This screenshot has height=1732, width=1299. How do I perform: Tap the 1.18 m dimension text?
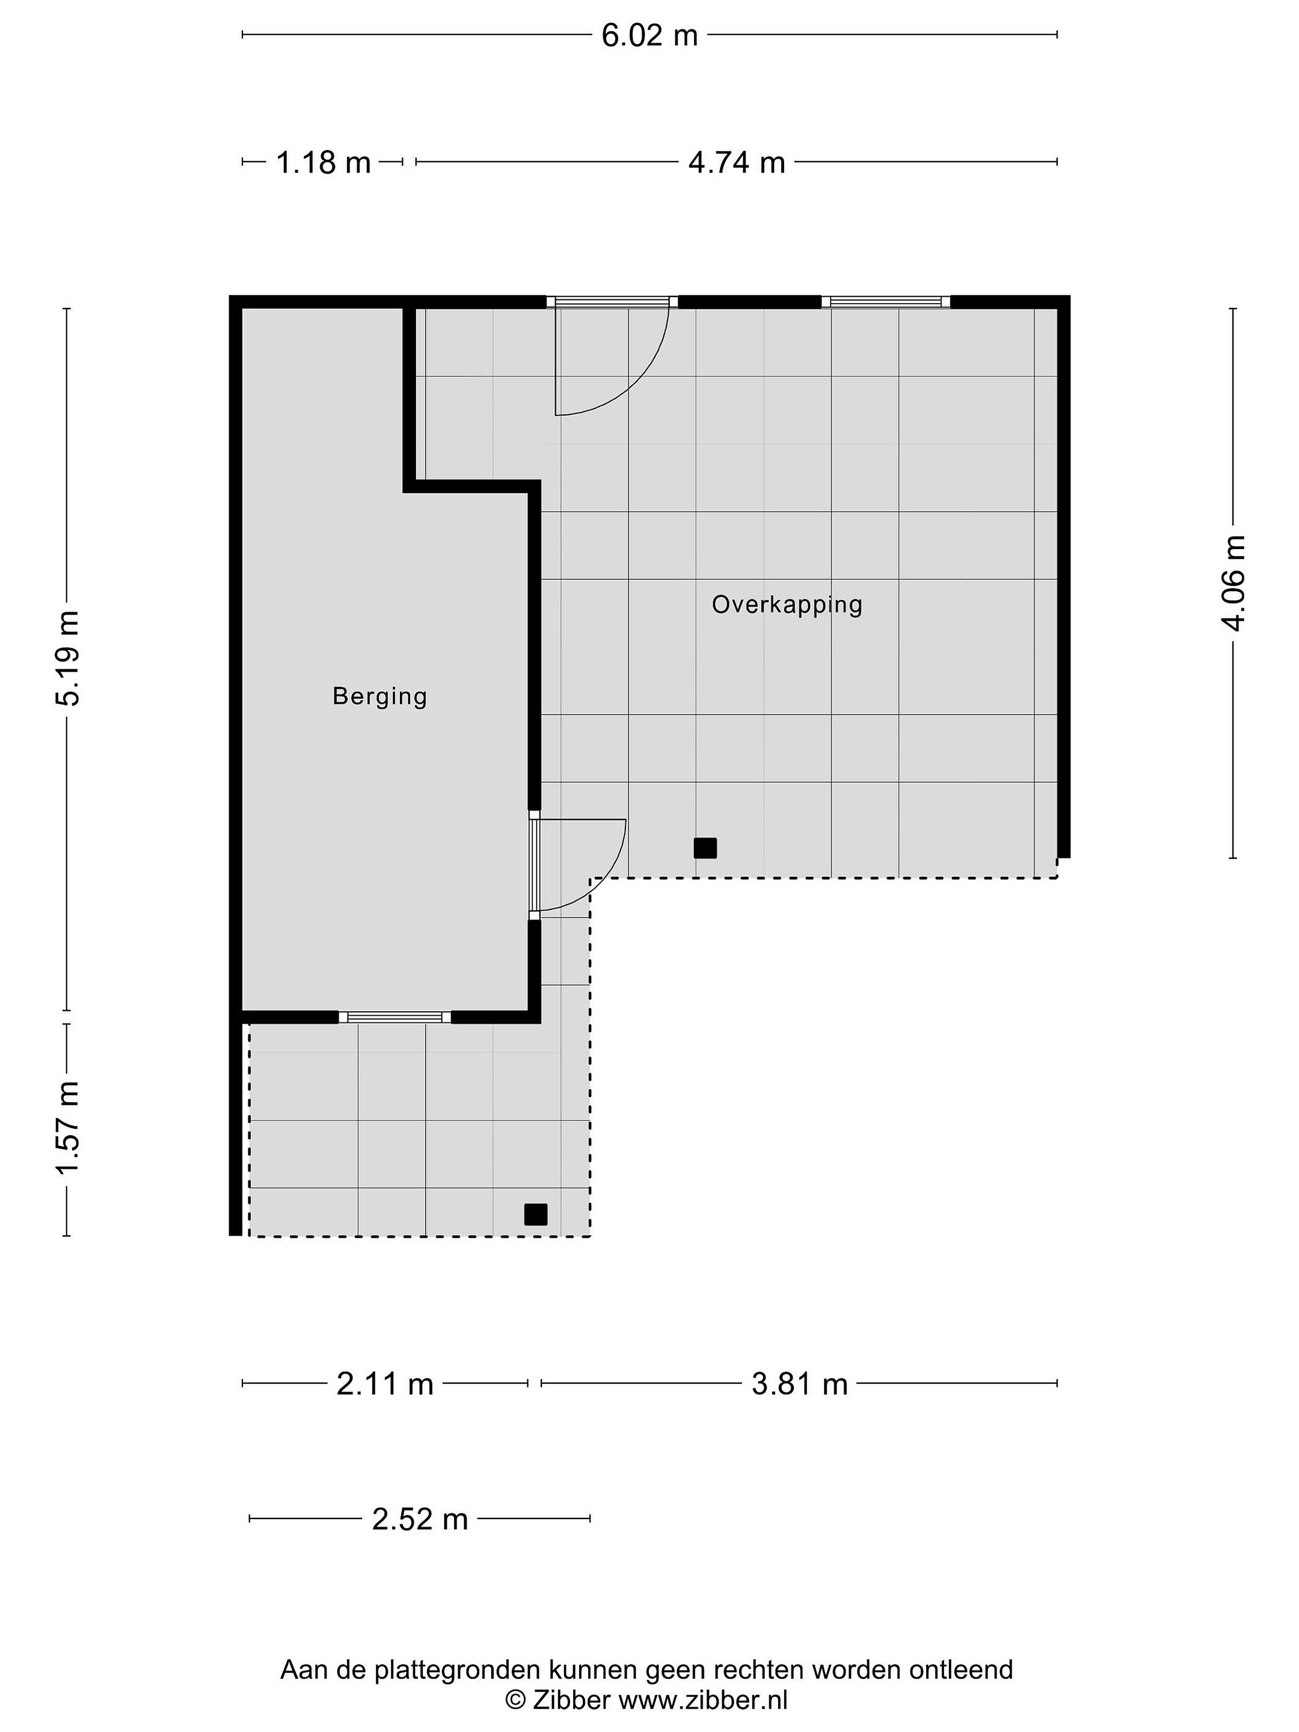pyautogui.click(x=324, y=162)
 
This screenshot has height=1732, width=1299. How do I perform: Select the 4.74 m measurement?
pyautogui.click(x=736, y=162)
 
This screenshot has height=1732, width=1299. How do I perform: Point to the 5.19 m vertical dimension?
pyautogui.click(x=68, y=658)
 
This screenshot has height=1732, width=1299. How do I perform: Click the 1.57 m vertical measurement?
pyautogui.click(x=68, y=1127)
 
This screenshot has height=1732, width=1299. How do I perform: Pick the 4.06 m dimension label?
pyautogui.click(x=1234, y=583)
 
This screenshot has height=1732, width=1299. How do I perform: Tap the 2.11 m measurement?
pyautogui.click(x=384, y=1384)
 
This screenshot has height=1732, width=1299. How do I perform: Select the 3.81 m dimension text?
pyautogui.click(x=799, y=1384)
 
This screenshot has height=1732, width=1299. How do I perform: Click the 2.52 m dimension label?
pyautogui.click(x=420, y=1519)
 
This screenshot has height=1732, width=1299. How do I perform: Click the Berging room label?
pyautogui.click(x=379, y=696)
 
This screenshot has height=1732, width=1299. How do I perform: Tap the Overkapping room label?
pyautogui.click(x=787, y=604)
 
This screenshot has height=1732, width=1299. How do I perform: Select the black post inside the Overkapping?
pyautogui.click(x=705, y=848)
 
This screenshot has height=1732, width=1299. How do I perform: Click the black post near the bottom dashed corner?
pyautogui.click(x=536, y=1214)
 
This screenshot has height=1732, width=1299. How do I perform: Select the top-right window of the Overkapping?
pyautogui.click(x=886, y=301)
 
